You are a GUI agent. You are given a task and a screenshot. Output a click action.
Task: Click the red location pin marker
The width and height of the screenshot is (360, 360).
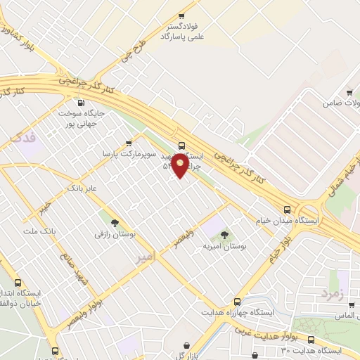(181, 165)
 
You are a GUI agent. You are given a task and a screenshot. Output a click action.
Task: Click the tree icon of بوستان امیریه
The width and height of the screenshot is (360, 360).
(224, 235)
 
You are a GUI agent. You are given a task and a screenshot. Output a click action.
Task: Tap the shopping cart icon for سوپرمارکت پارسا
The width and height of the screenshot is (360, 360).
(128, 141)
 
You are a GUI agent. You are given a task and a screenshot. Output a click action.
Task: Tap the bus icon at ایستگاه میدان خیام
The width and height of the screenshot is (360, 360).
(287, 210)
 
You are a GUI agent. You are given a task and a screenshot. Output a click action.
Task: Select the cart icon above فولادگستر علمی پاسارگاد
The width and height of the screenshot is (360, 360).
(181, 15)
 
